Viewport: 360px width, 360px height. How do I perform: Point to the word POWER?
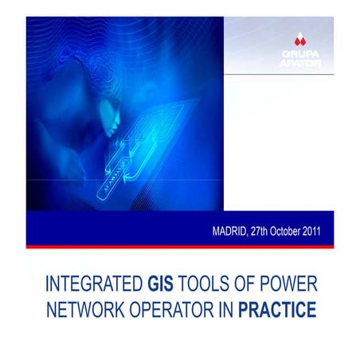click(x=288, y=284)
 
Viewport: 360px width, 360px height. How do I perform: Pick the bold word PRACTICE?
click(x=273, y=307)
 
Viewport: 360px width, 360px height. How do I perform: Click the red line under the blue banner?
click(x=180, y=246)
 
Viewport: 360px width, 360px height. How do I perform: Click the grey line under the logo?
click(x=291, y=73)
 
